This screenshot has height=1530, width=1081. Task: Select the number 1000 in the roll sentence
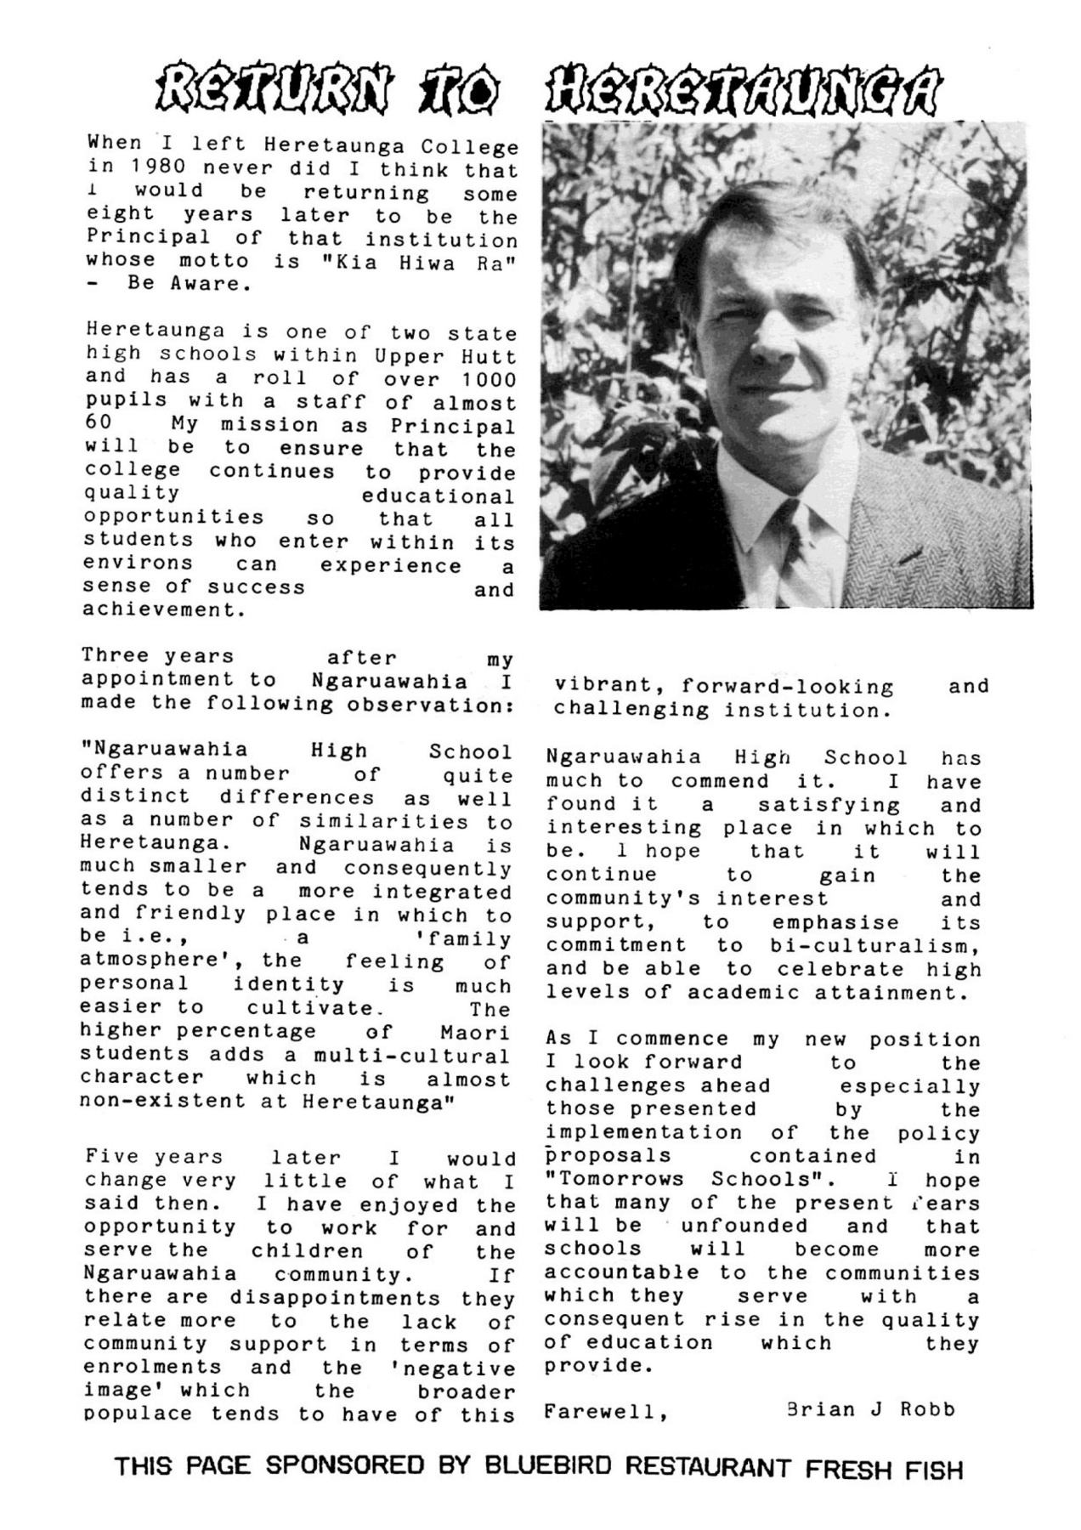[489, 380]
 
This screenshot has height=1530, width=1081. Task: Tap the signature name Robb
[927, 1409]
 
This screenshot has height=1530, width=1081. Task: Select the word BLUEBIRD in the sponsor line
[543, 1465]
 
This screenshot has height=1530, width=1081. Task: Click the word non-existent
[161, 1102]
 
